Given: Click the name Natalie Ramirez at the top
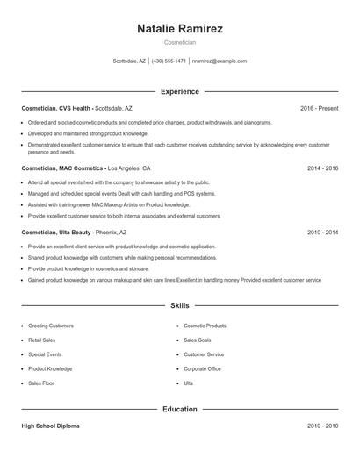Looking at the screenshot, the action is click(x=180, y=29).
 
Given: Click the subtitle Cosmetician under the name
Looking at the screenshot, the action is click(x=180, y=42).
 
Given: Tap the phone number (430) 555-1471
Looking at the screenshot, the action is click(x=169, y=61).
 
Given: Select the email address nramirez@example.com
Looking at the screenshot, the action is click(x=220, y=61).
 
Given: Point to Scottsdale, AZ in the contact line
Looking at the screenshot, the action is click(x=130, y=61).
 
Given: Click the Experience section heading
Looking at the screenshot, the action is click(x=180, y=91).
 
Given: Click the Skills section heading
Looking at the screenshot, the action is click(x=180, y=305).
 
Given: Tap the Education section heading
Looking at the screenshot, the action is click(x=180, y=409).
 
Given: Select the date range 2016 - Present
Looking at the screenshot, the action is click(x=319, y=108).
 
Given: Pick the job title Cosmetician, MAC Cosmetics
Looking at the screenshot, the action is click(x=62, y=168).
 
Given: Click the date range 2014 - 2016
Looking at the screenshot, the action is click(x=322, y=168).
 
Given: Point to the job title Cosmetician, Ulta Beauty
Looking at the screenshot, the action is click(x=56, y=232).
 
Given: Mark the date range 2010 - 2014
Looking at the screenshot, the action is click(x=322, y=232).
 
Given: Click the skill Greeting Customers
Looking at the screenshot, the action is click(x=51, y=325).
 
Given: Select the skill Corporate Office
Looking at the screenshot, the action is click(x=202, y=369).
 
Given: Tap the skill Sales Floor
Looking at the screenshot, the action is click(x=41, y=383).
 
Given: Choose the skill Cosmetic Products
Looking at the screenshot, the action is click(x=205, y=325).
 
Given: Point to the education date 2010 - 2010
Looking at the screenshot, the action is click(x=322, y=426).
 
